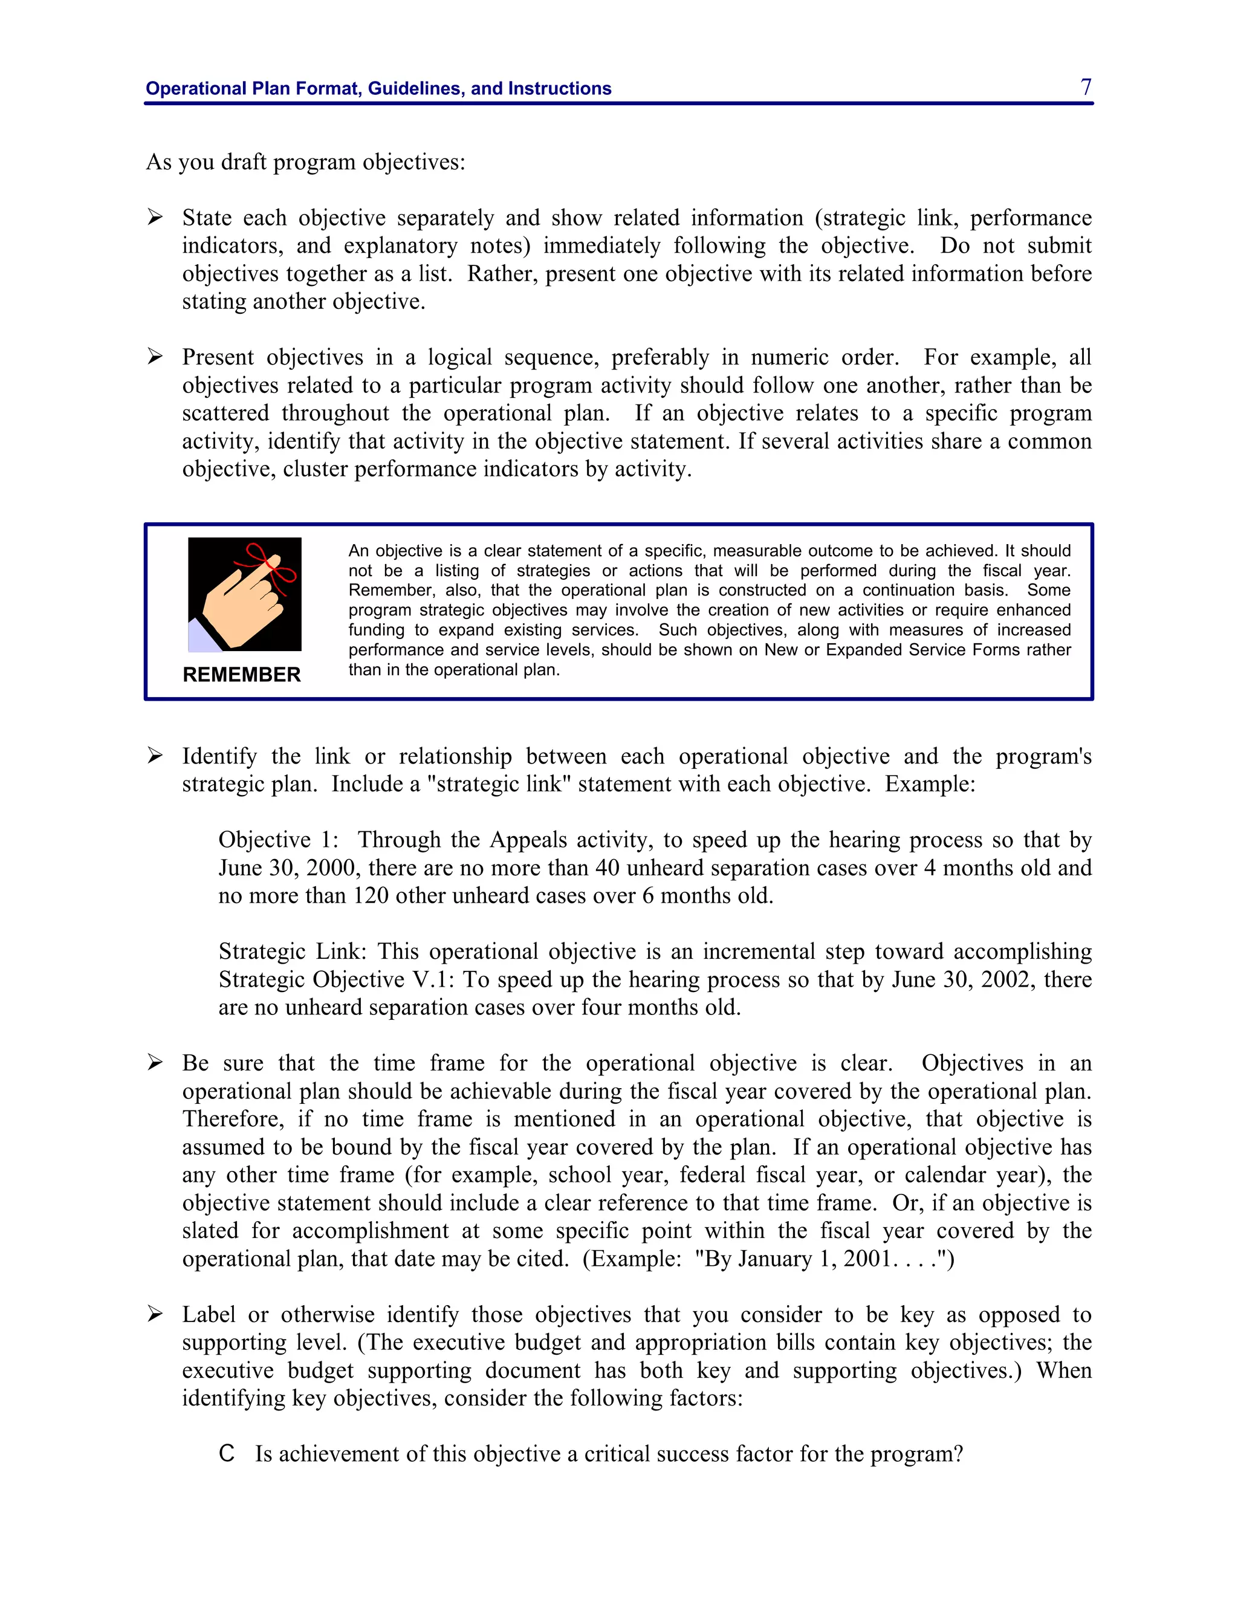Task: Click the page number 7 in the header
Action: pos(1086,86)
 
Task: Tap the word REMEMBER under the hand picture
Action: pos(241,674)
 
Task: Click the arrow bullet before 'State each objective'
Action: pos(155,217)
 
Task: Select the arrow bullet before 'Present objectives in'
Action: pos(155,357)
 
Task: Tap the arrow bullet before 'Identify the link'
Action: pos(155,756)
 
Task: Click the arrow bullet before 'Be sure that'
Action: pos(155,1062)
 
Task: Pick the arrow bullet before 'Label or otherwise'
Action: pos(155,1314)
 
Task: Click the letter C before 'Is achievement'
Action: pos(227,1453)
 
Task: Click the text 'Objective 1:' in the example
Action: pos(278,840)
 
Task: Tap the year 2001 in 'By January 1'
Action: pos(866,1258)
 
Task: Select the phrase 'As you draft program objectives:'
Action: pos(306,162)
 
